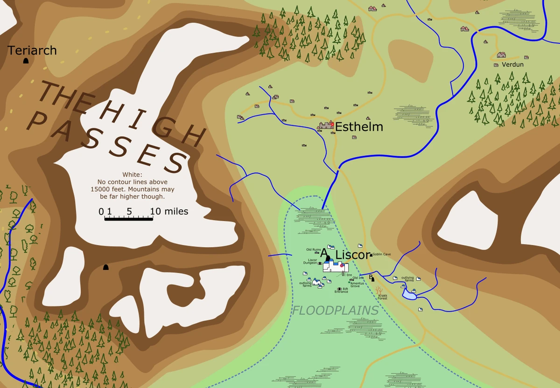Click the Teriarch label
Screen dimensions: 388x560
tap(32, 50)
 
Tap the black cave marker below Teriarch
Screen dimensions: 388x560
tap(26, 61)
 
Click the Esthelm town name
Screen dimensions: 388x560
tap(359, 127)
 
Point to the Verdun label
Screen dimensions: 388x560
tap(512, 64)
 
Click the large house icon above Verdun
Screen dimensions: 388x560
tap(501, 55)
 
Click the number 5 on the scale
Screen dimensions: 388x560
tap(129, 211)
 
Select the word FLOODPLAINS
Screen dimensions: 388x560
tap(335, 311)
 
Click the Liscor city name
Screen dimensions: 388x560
tap(353, 255)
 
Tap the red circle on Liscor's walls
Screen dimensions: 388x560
tap(342, 265)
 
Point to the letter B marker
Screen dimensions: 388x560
tap(371, 277)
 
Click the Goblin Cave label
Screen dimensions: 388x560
tap(382, 254)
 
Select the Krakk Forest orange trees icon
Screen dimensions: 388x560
tap(379, 291)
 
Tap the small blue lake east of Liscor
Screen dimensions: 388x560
tap(409, 295)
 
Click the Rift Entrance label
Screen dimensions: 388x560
tap(342, 290)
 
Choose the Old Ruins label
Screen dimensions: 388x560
tap(313, 249)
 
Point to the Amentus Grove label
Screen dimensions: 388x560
tap(357, 284)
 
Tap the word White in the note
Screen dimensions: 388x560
tap(132, 174)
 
